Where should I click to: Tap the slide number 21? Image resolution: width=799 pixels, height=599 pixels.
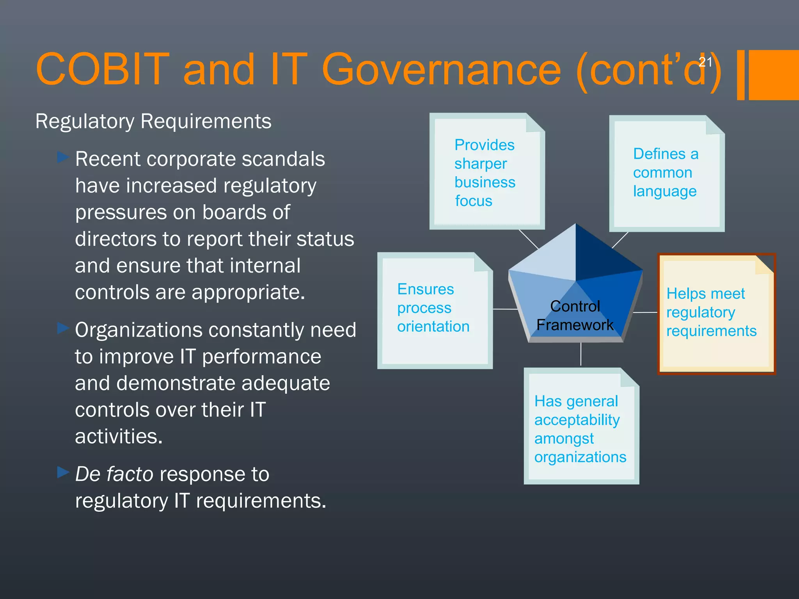705,62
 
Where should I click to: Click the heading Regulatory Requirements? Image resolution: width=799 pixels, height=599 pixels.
153,121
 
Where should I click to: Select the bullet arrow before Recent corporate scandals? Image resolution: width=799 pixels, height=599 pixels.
62,158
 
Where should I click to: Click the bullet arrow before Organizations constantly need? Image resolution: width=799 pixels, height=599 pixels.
62,328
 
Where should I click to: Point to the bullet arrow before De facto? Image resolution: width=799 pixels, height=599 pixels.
62,472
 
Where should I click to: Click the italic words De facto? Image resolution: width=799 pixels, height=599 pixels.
114,474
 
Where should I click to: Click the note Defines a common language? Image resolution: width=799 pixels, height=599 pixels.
666,174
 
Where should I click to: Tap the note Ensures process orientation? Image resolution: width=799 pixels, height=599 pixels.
434,310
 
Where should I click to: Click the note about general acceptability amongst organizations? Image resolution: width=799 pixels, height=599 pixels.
581,427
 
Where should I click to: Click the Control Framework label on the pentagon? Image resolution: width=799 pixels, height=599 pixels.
575,315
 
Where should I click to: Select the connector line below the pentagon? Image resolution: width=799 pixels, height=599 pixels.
581,354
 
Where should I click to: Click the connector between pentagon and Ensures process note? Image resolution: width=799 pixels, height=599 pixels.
505,309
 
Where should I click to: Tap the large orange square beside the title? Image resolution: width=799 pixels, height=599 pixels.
774,75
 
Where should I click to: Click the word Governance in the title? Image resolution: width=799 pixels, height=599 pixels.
441,69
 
